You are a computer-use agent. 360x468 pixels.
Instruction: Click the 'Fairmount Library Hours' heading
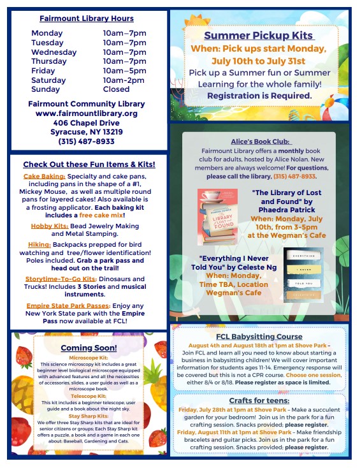87,18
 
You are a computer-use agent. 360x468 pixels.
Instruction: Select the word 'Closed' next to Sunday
116,89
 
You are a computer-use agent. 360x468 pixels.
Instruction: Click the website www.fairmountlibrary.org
87,113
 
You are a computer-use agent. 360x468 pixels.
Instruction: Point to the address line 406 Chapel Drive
87,122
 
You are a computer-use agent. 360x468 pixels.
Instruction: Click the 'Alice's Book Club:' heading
260,141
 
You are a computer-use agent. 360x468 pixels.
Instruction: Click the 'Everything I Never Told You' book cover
303,275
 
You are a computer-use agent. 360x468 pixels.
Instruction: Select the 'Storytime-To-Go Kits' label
61,279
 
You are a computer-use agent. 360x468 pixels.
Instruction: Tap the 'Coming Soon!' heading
89,347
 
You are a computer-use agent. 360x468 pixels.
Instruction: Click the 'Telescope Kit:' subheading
89,395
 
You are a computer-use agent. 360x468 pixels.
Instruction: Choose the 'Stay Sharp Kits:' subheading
89,416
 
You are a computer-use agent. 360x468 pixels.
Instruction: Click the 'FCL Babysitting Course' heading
259,337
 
